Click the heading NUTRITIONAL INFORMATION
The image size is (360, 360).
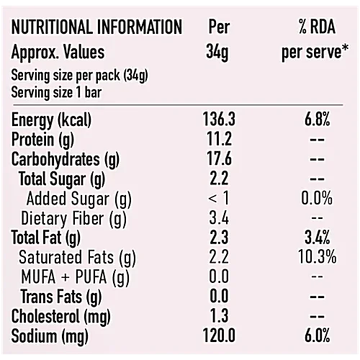(x=96, y=28)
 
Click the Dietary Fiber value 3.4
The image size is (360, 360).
(x=218, y=217)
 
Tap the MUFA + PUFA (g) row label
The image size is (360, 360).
(x=76, y=276)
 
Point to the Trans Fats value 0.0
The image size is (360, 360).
(x=218, y=296)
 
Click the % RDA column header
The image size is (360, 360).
(x=312, y=28)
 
